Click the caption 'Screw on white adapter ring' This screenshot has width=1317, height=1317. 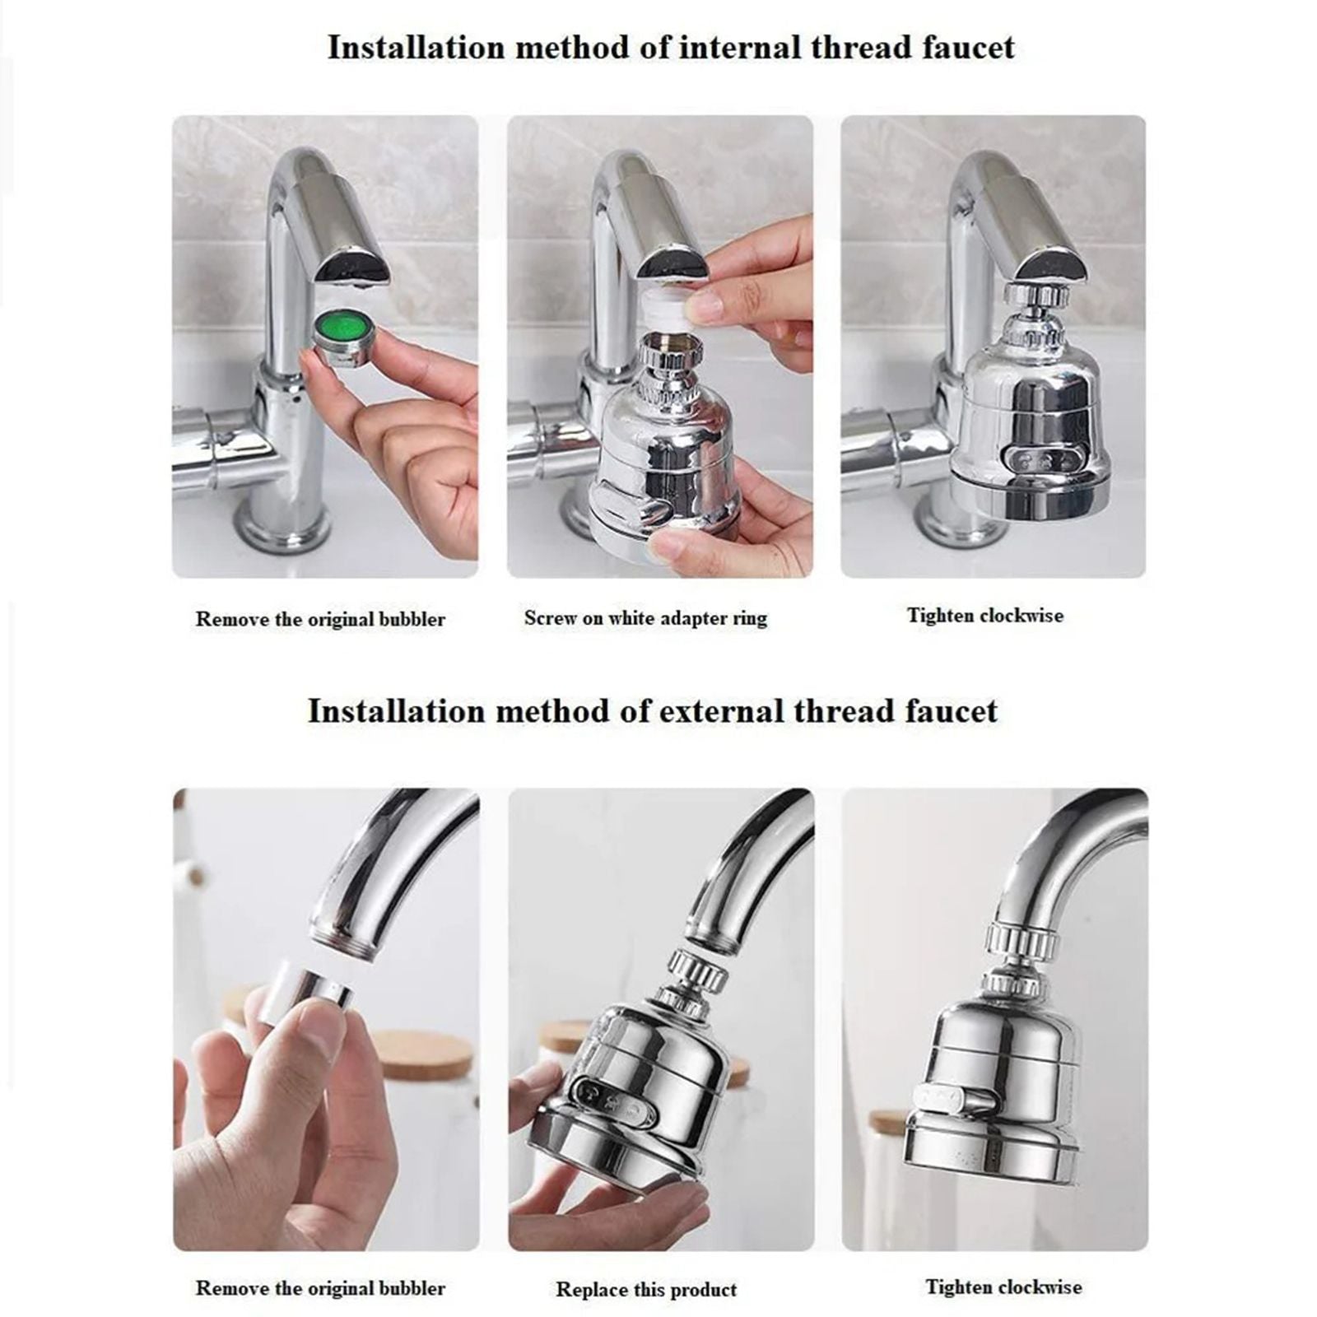coord(645,618)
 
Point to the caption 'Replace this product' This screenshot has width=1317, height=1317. coord(646,1289)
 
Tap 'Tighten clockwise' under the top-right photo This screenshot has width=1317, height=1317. coord(985,616)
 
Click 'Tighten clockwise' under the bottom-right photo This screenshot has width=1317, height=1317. coord(1003,1287)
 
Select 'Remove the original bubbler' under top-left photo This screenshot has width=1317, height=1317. coord(320,619)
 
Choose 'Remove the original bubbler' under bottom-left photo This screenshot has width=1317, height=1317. coord(320,1288)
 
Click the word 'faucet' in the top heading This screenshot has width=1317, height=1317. coord(968,47)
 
